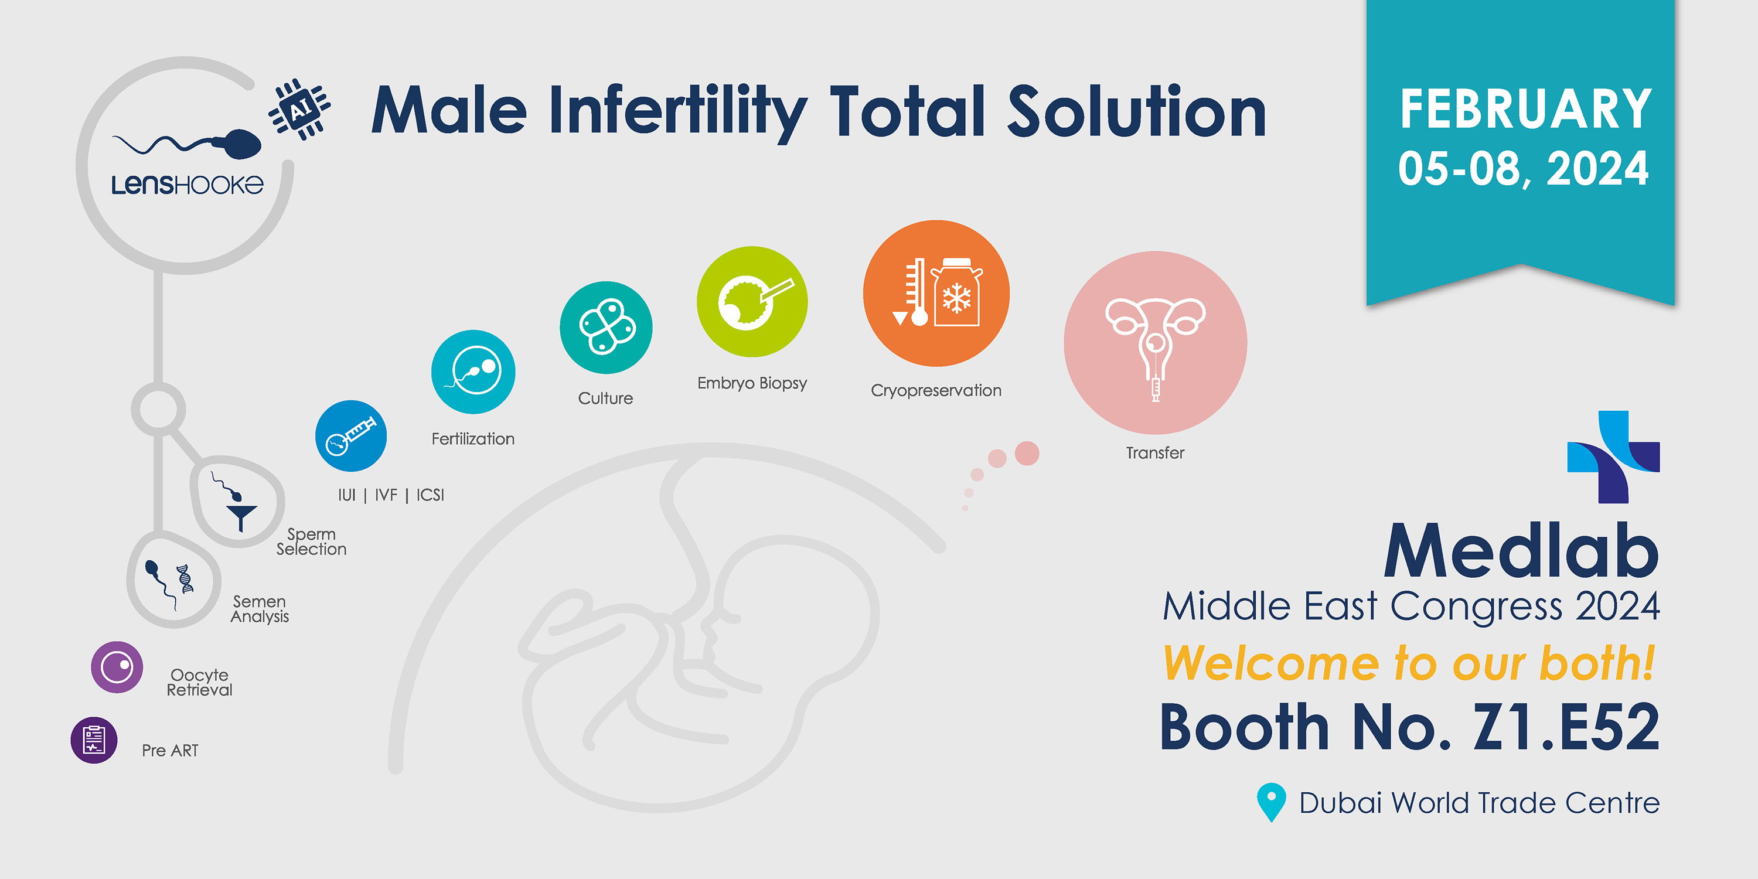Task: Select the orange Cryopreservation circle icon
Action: coord(936,294)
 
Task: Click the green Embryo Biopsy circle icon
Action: coord(752,302)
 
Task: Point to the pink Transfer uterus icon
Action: coord(1156,343)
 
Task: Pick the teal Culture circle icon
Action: coord(606,328)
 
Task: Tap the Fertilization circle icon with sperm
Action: coord(473,372)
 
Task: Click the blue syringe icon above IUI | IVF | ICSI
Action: coord(351,436)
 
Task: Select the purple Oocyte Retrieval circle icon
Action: coord(117,667)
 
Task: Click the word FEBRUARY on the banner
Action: coord(1526,109)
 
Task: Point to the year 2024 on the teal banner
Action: coord(1597,169)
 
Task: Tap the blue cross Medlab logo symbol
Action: coord(1614,457)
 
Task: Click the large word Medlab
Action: coord(1522,550)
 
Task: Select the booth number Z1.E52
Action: coord(1567,727)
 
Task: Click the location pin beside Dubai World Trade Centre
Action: coord(1272,802)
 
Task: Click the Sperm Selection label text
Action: coord(311,542)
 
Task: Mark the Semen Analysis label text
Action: coord(260,609)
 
